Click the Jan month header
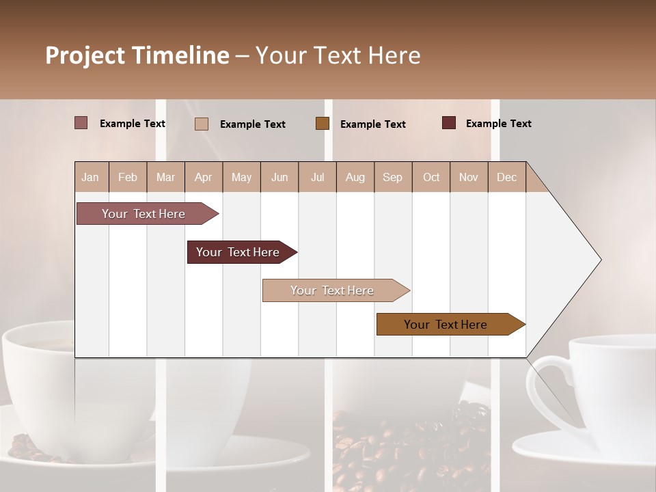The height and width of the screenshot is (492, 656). pos(90,177)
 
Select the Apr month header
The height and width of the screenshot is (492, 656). pos(203,177)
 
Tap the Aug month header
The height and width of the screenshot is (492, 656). pos(355,177)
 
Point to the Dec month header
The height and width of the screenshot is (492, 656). pos(506,177)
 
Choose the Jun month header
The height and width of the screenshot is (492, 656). pos(279,177)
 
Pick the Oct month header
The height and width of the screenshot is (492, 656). pos(431,177)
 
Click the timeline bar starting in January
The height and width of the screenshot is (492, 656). pos(143,214)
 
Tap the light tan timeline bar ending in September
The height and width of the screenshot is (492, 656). pos(332,290)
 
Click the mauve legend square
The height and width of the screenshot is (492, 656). pos(81,123)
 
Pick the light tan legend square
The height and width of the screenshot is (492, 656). pos(202,124)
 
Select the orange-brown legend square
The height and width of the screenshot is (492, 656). pos(323,123)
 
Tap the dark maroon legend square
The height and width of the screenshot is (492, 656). pos(449,123)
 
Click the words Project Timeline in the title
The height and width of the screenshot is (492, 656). pos(137,55)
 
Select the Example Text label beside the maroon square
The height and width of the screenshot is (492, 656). pos(498,123)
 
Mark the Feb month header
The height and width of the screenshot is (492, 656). pos(128,177)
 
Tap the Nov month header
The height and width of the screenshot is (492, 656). pos(469,177)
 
